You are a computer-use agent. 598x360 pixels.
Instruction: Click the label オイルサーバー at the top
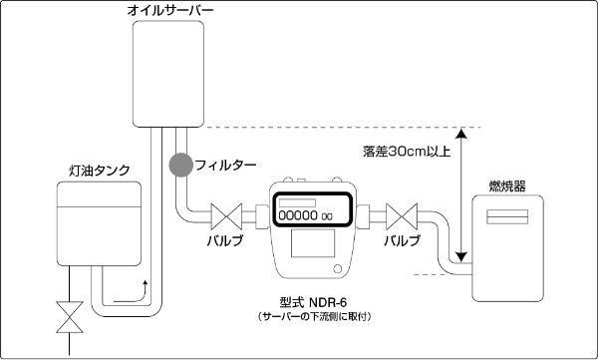[x=170, y=12]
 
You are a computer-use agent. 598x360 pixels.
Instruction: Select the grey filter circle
[x=180, y=163]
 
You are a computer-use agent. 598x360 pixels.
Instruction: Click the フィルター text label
[x=226, y=163]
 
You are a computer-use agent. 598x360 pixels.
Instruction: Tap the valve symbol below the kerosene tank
[x=69, y=317]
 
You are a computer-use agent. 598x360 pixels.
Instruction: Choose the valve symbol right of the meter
[x=402, y=215]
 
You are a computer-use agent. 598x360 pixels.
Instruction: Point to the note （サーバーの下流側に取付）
[x=313, y=316]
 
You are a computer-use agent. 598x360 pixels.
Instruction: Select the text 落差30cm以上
[x=408, y=153]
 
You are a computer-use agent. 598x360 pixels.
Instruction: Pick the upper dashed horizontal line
[x=339, y=127]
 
